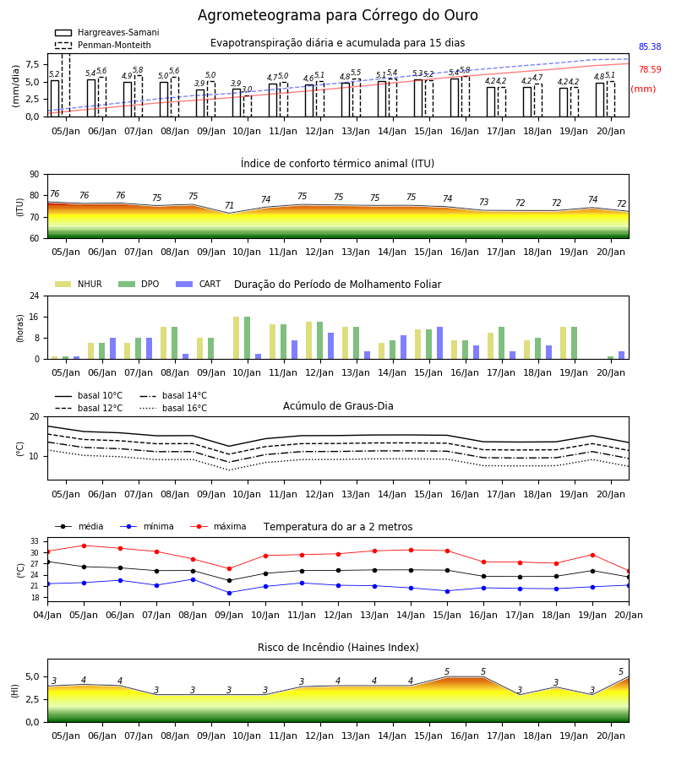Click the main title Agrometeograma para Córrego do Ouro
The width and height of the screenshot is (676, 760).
[337, 15]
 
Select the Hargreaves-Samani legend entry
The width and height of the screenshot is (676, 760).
[107, 32]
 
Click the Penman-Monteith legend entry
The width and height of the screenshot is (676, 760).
[103, 45]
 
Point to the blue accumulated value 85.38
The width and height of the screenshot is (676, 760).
[650, 46]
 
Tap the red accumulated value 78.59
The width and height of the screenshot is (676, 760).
[650, 69]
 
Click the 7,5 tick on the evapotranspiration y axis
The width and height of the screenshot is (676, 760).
[32, 64]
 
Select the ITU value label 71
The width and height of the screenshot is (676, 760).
[229, 205]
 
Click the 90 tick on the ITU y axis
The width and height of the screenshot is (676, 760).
[35, 175]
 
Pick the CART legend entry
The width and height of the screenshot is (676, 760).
[199, 284]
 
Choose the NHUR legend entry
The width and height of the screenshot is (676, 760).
[79, 284]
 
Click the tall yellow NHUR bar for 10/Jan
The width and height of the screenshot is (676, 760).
[236, 338]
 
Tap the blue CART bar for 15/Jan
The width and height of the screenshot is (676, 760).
[440, 343]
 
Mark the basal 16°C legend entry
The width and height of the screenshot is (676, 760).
[173, 408]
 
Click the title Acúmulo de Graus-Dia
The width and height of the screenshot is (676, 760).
[338, 405]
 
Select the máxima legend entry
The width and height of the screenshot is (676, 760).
[218, 526]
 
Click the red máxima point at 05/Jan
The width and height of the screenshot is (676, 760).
[84, 546]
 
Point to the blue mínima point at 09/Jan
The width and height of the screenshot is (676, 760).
[229, 593]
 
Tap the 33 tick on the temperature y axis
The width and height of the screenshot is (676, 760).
[35, 541]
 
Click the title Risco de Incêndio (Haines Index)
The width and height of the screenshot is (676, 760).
[338, 648]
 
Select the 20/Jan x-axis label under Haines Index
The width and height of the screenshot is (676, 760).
[611, 736]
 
